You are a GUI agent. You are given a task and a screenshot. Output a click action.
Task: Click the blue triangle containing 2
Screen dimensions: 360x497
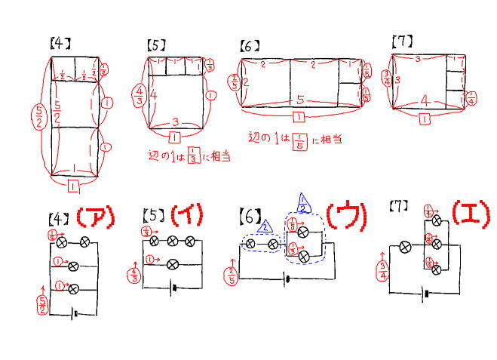click(263, 226)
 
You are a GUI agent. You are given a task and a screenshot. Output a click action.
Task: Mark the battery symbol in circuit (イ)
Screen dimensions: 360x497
click(174, 288)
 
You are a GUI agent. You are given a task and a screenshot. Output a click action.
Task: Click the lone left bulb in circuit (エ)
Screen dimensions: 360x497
click(405, 247)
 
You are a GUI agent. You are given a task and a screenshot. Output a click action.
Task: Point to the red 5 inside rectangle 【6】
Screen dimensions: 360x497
click(300, 99)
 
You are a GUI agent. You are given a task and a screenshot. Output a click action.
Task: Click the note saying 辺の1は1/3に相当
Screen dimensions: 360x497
click(189, 156)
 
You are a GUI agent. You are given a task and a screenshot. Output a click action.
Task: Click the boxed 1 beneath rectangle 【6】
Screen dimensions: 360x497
click(299, 118)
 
